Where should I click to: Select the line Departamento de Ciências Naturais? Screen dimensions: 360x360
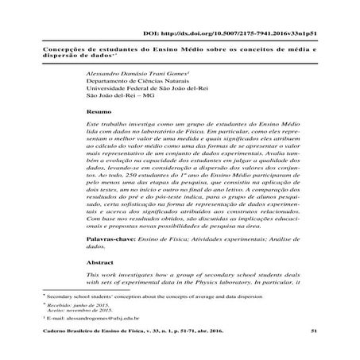(135, 81)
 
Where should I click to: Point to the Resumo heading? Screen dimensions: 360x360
(98, 113)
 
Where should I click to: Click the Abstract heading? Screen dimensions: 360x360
(99, 259)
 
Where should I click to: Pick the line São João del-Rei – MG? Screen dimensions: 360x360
(122, 99)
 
